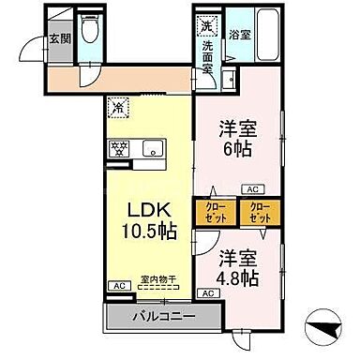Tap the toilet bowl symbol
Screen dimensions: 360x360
89,32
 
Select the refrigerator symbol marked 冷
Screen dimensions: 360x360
119,107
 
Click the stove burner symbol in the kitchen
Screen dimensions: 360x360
120,148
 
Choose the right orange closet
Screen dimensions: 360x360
260,212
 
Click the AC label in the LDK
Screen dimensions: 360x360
118,285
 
